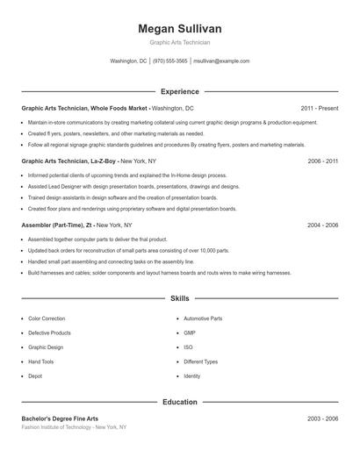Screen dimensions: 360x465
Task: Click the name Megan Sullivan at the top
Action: pos(179,28)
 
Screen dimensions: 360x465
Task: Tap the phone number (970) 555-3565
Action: pos(170,61)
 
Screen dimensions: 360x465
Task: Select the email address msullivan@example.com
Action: pos(221,61)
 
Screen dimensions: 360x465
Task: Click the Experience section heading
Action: pos(179,91)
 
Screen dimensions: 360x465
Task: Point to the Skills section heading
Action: pos(179,299)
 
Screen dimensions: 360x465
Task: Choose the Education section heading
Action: pos(179,402)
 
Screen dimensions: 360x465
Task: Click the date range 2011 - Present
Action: pos(319,108)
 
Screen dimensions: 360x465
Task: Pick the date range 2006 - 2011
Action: pos(322,162)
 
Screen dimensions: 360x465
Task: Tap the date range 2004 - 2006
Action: pos(322,225)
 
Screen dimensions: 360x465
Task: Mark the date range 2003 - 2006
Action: pos(322,418)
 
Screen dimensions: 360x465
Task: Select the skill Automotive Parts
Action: pos(203,318)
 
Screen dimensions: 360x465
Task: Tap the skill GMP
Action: pos(191,333)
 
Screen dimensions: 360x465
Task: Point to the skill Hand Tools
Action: pos(41,361)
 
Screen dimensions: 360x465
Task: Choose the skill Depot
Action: pos(35,376)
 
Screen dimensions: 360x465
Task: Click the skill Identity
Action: pos(192,376)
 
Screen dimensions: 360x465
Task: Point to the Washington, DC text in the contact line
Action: pos(128,61)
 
